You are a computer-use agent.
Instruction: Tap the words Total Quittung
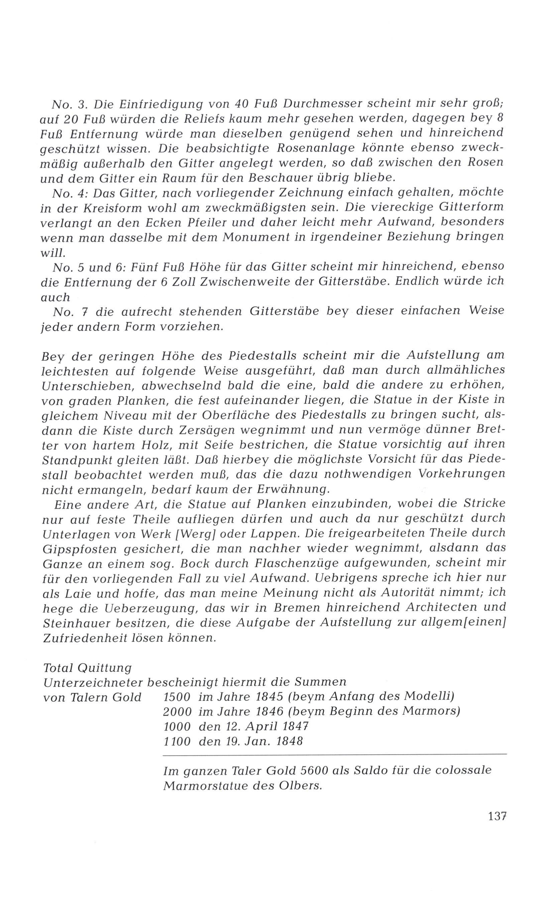pyautogui.click(x=87, y=668)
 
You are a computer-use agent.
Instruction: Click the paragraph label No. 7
pyautogui.click(x=70, y=311)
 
